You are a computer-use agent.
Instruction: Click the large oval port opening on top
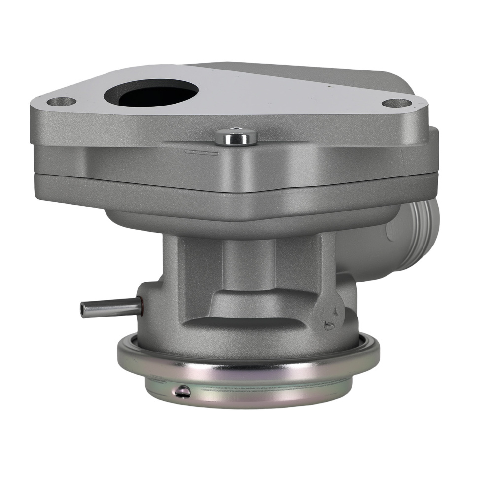click(151, 93)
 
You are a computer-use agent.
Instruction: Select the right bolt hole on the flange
click(397, 104)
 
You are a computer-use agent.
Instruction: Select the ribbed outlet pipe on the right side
click(419, 237)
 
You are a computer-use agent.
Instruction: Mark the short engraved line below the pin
click(201, 154)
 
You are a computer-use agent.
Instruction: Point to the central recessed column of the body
click(246, 266)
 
